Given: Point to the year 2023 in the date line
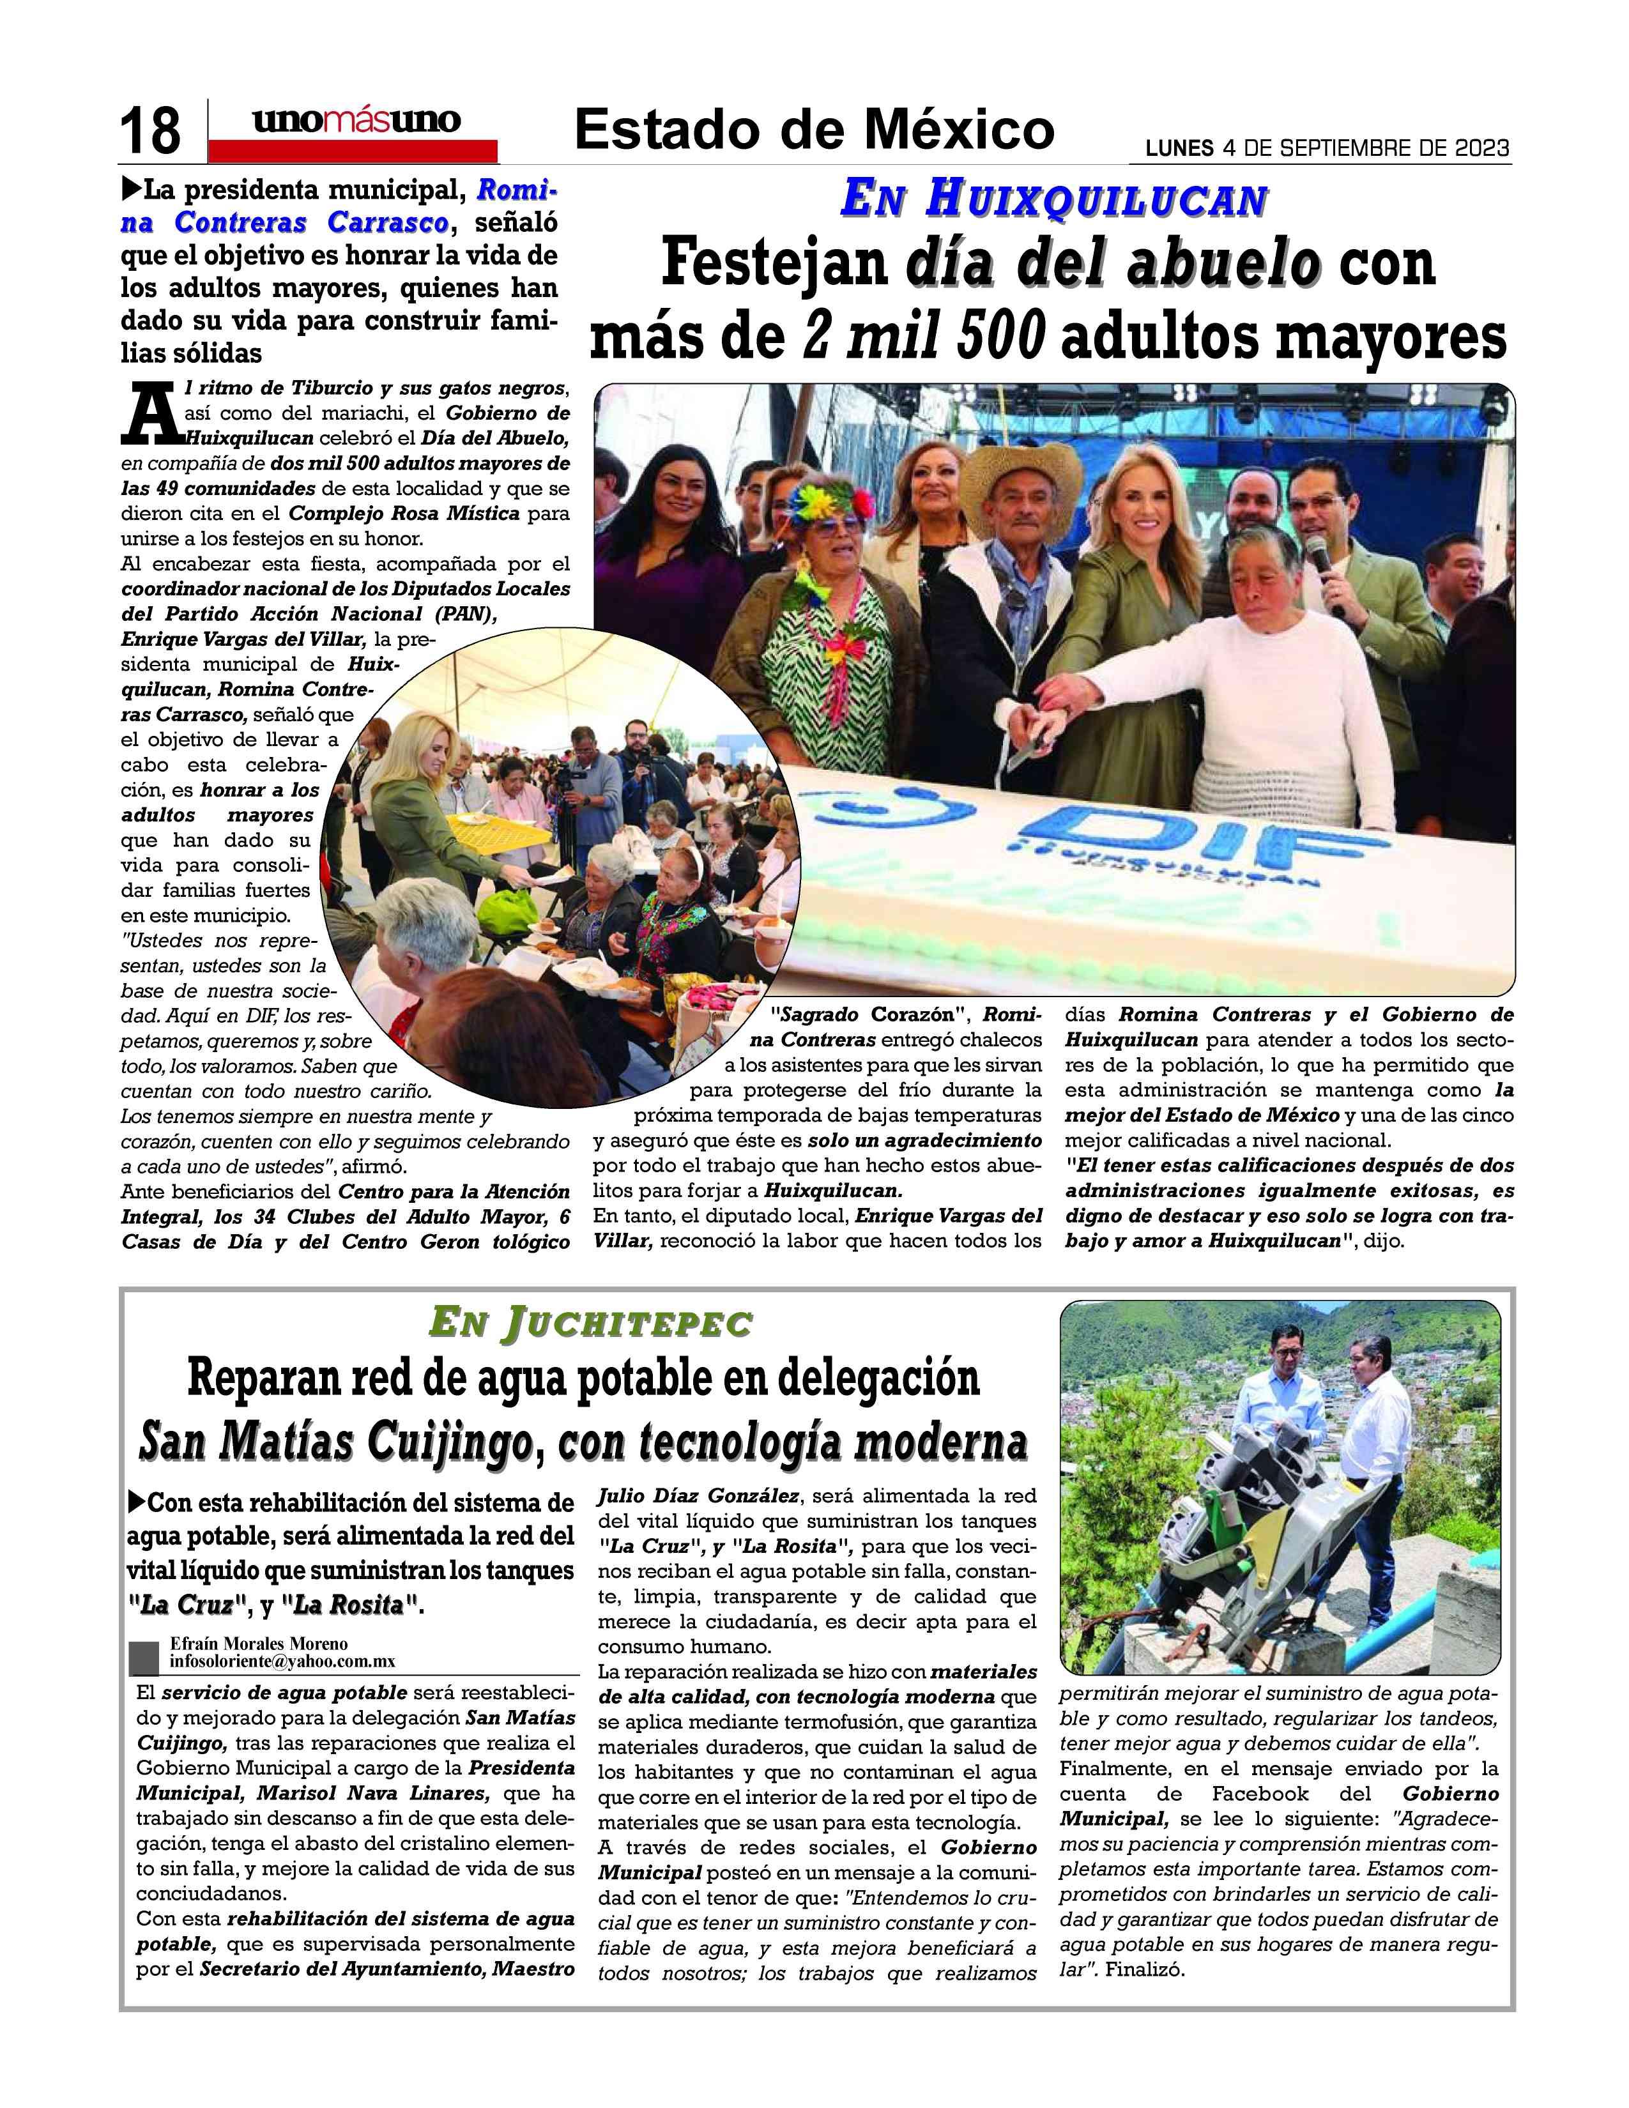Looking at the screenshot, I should point(1476,149).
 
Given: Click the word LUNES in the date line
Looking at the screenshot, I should point(1179,149).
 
